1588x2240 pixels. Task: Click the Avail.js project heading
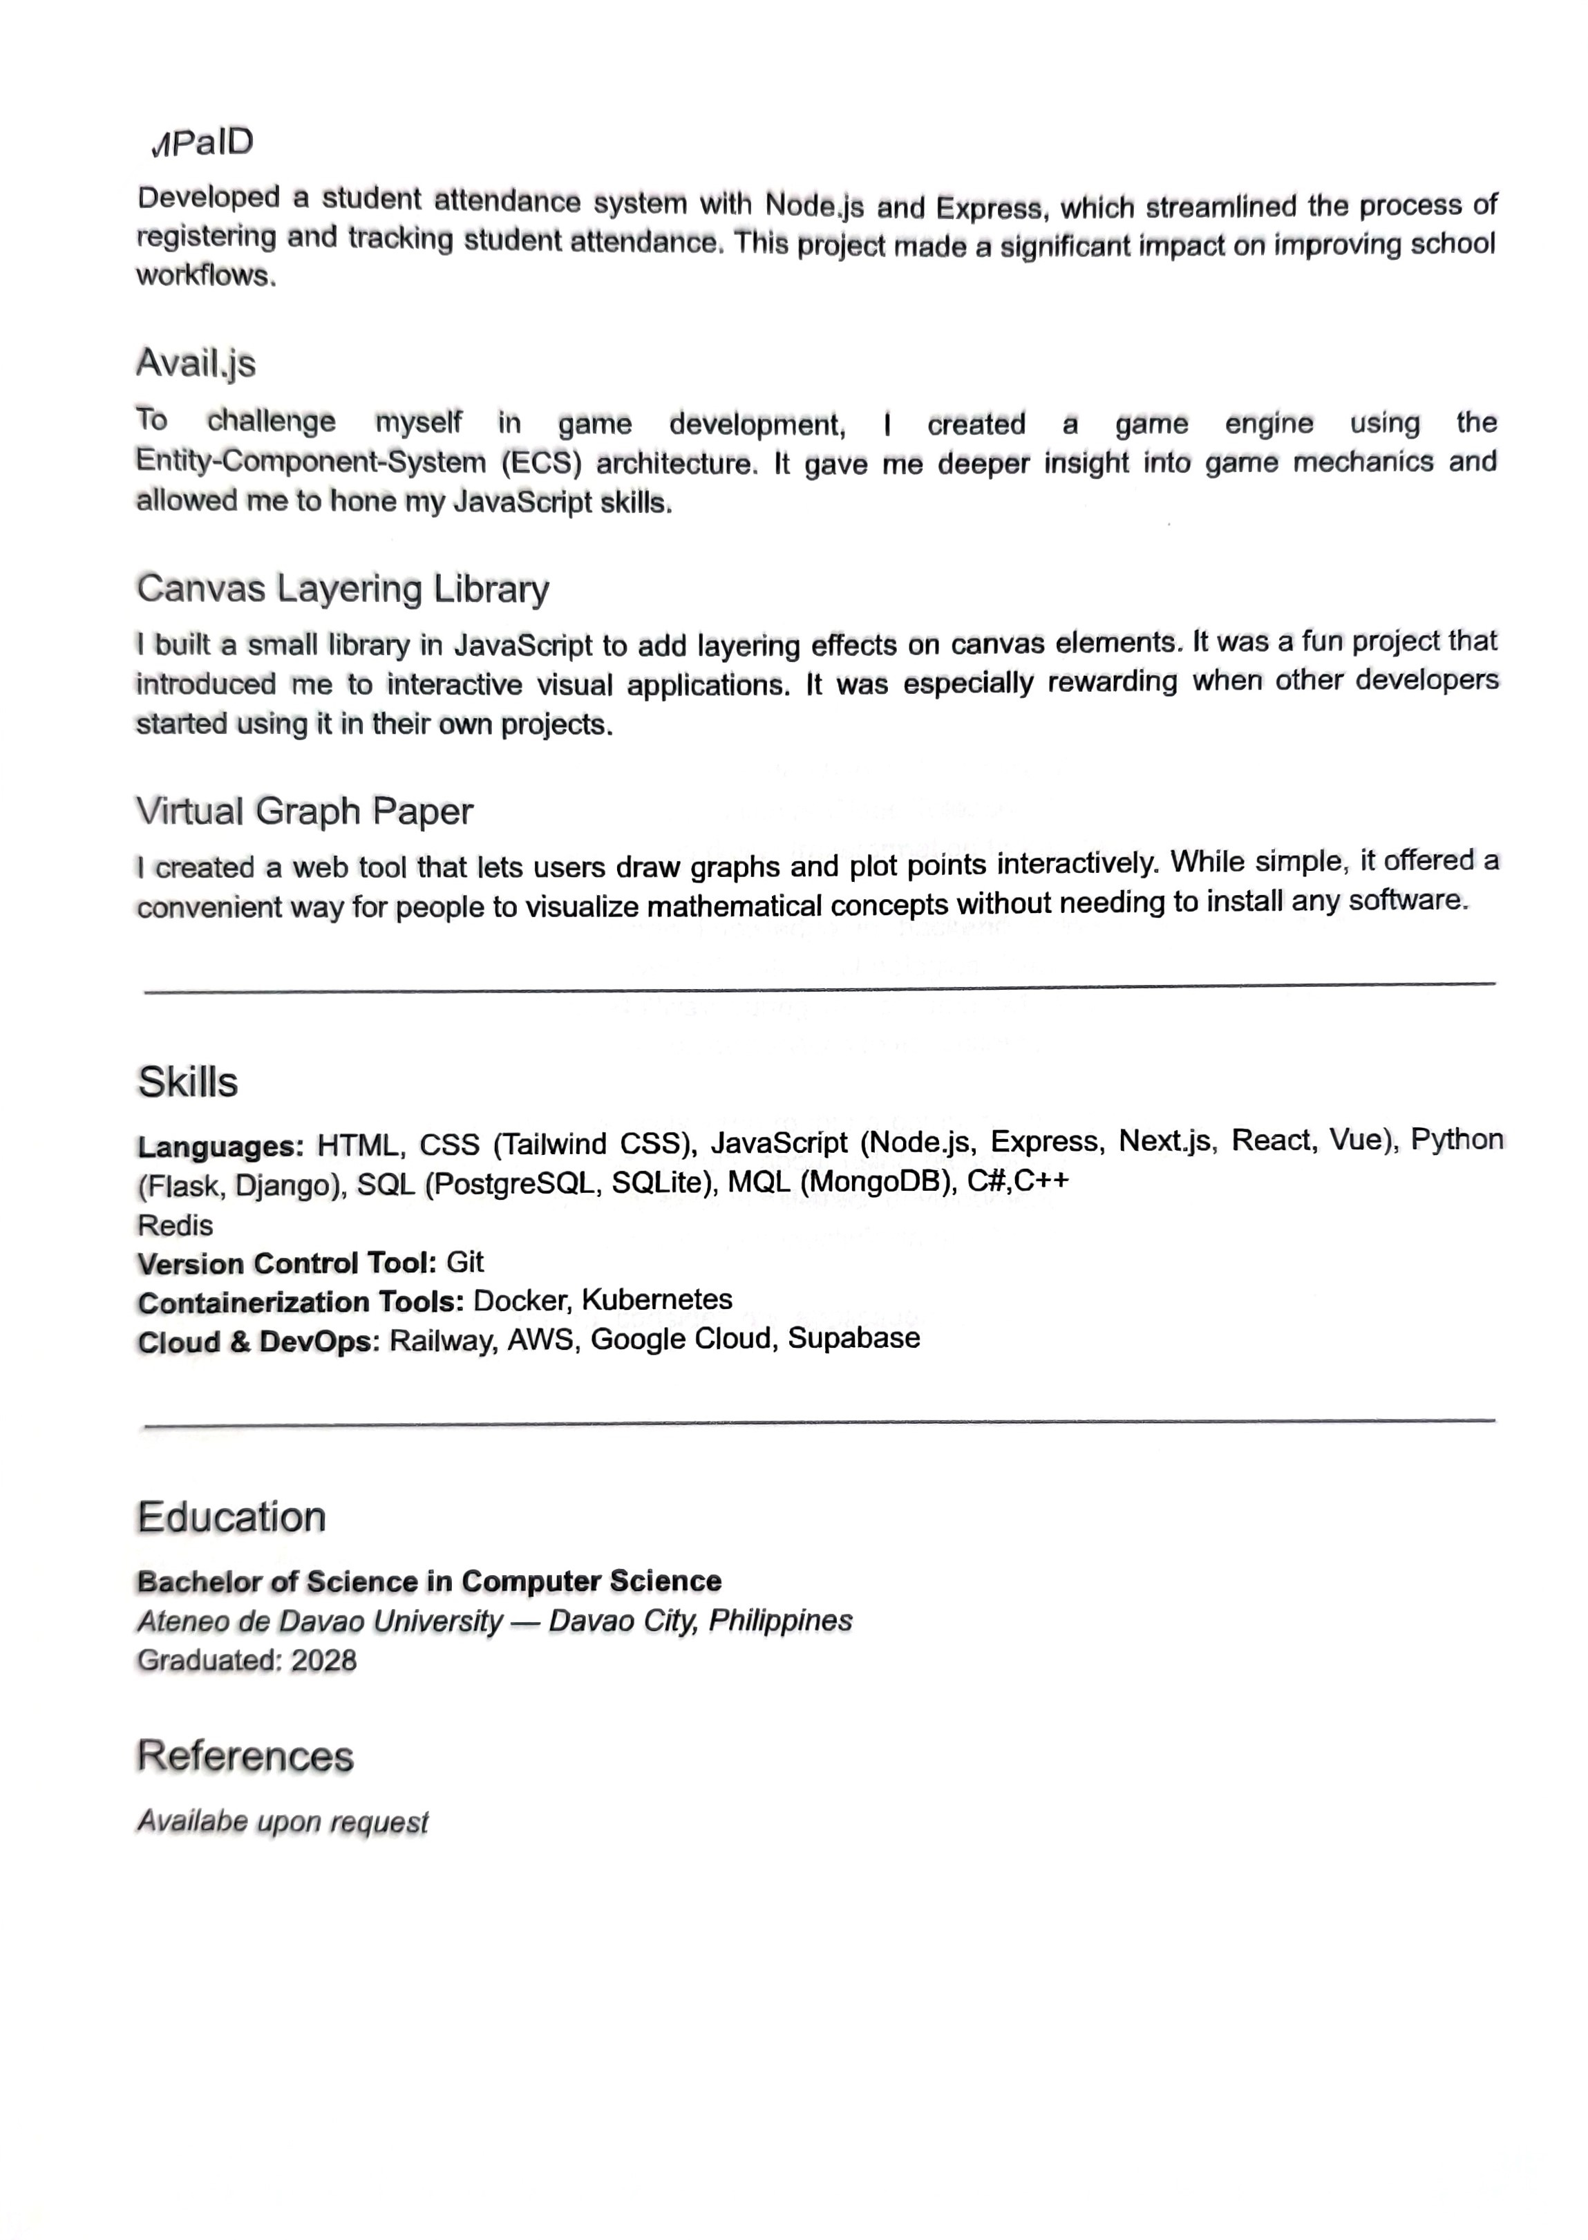(196, 363)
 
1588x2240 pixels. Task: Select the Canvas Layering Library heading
(342, 589)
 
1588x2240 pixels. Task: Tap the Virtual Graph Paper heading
(304, 811)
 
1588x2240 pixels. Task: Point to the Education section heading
(231, 1518)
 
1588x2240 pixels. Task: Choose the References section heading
(245, 1756)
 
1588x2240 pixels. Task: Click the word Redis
(175, 1225)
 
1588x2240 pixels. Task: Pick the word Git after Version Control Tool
(466, 1262)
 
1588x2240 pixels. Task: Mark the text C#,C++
(1018, 1180)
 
